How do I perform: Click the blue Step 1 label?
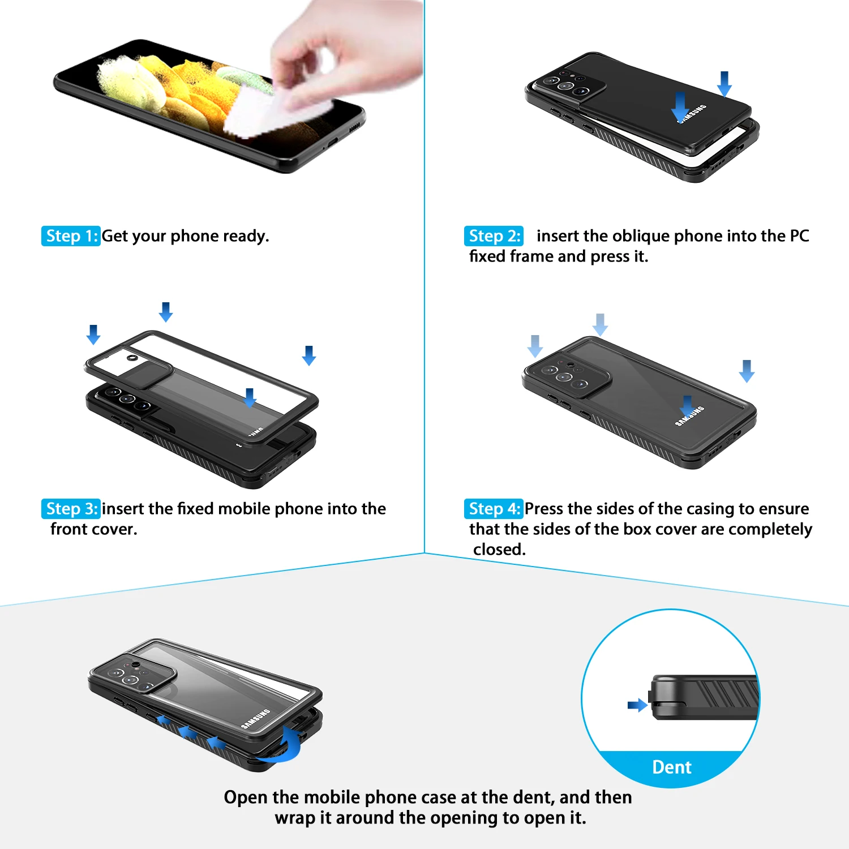pos(71,236)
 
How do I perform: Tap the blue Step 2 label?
pos(494,236)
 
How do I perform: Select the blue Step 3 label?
pos(71,509)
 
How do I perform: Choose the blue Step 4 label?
pos(494,509)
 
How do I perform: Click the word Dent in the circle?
pos(672,767)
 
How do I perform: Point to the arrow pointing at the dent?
pos(638,705)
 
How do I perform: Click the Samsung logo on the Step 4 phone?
pos(690,416)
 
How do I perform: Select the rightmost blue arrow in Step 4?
pos(747,371)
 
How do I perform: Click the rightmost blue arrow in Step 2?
pos(724,84)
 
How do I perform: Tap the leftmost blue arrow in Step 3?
pos(93,335)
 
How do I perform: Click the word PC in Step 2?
pos(799,235)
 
